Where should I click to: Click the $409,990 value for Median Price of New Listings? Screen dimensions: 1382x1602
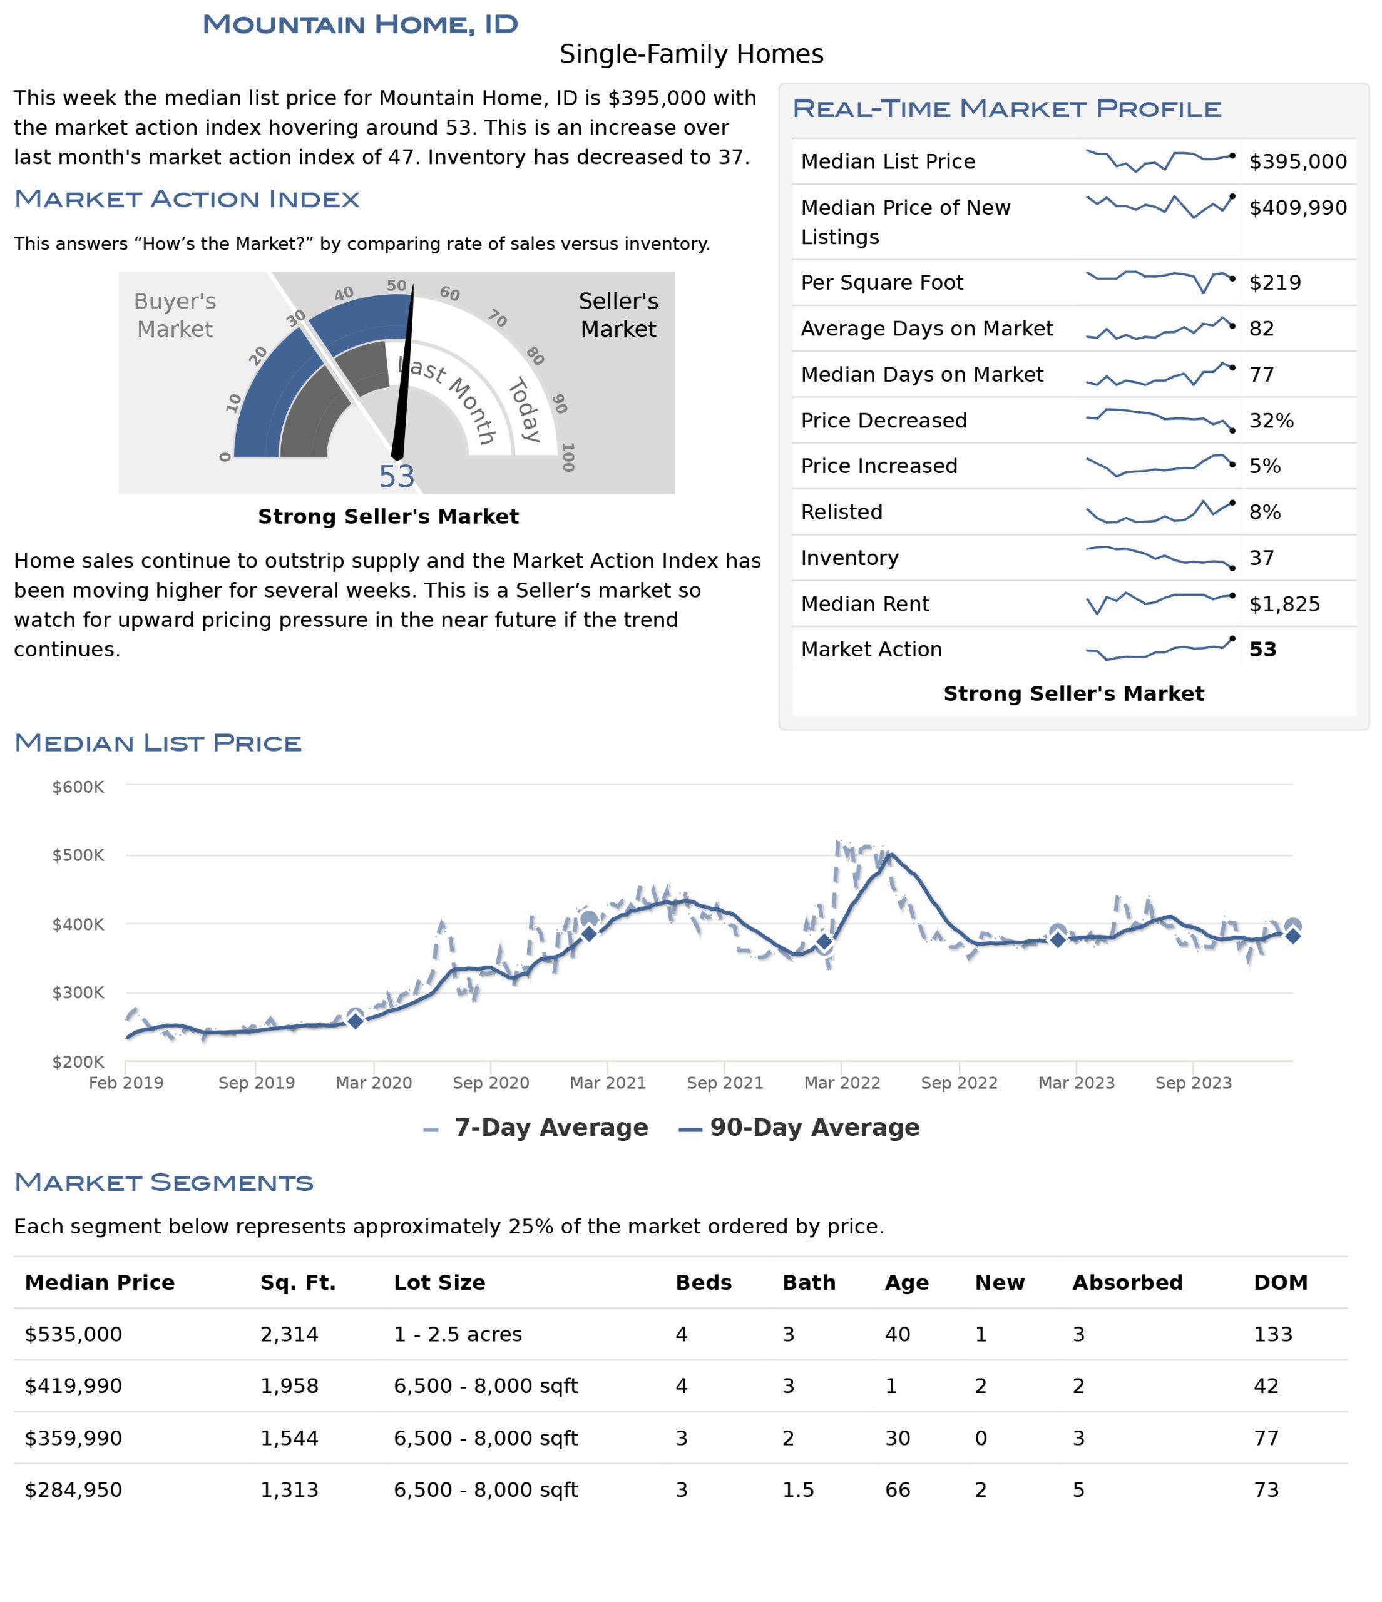pyautogui.click(x=1298, y=207)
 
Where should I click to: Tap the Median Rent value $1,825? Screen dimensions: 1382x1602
pyautogui.click(x=1284, y=604)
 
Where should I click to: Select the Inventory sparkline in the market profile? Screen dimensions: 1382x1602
pyautogui.click(x=1159, y=558)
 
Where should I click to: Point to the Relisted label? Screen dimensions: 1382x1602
pyautogui.click(x=841, y=512)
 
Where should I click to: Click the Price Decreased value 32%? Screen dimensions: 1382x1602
pyautogui.click(x=1271, y=421)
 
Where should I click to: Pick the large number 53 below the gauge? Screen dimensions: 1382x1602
pyautogui.click(x=397, y=477)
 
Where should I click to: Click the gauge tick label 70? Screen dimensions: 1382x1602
pyautogui.click(x=497, y=318)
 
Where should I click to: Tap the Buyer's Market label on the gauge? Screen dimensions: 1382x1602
pyautogui.click(x=175, y=315)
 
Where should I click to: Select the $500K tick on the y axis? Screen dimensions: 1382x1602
pyautogui.click(x=78, y=855)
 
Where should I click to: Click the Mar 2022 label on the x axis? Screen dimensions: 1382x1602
pyautogui.click(x=841, y=1083)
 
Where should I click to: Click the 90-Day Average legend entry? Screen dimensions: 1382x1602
pyautogui.click(x=799, y=1127)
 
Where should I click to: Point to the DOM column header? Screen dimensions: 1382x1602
pyautogui.click(x=1281, y=1283)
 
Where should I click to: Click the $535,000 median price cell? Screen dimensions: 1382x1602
pyautogui.click(x=73, y=1335)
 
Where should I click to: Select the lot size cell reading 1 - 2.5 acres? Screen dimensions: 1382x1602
pyautogui.click(x=458, y=1335)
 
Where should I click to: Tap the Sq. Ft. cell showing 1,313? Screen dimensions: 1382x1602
pyautogui.click(x=289, y=1490)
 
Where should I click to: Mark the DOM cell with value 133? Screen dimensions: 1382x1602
pyautogui.click(x=1273, y=1335)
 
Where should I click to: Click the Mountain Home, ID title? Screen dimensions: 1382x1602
pyautogui.click(x=361, y=24)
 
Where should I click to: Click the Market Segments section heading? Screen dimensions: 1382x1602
pyautogui.click(x=164, y=1182)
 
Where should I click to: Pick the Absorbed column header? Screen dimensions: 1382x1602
pyautogui.click(x=1127, y=1283)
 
